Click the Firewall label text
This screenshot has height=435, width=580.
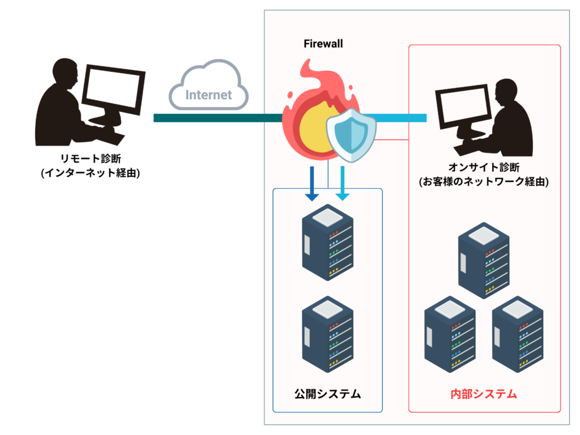(323, 44)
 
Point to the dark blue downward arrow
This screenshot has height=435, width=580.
(311, 185)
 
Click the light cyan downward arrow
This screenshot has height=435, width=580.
(342, 185)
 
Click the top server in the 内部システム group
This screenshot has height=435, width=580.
(483, 260)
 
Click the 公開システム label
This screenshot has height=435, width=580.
(327, 394)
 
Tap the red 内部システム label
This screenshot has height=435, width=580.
(484, 394)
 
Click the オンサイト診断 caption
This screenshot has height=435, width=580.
(484, 167)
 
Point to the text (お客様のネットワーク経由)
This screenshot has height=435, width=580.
(484, 182)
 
